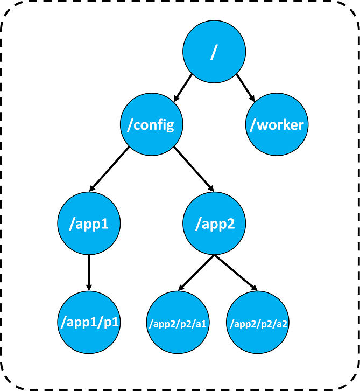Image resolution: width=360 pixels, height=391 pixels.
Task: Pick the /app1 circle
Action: tap(89, 224)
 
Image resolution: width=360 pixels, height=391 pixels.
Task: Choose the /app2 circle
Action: tap(214, 224)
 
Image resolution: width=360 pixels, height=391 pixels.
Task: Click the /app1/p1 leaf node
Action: tap(89, 323)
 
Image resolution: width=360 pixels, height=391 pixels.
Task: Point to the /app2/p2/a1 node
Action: tap(177, 324)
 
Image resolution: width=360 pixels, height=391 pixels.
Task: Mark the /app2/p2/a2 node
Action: tap(258, 324)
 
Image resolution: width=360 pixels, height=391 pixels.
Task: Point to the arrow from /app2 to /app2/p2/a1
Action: tap(196, 274)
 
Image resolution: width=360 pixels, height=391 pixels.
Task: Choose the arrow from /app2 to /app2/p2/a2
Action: tap(235, 274)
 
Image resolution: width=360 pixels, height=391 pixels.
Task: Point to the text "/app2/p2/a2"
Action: tap(258, 325)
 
